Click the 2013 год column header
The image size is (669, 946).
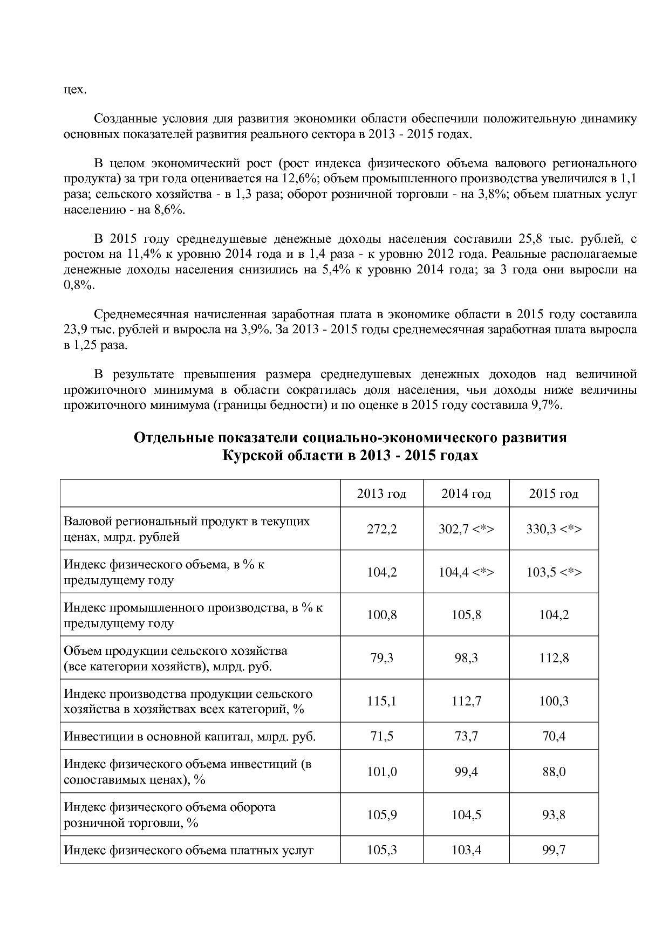point(381,493)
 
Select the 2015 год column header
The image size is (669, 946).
point(554,493)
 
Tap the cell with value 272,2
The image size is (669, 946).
point(381,529)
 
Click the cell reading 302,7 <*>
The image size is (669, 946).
point(466,529)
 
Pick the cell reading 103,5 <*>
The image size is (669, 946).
point(554,572)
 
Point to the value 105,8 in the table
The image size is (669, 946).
point(466,615)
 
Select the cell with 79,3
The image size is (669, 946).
point(381,658)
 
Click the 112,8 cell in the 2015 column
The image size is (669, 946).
point(554,658)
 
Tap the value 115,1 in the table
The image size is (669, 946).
point(381,701)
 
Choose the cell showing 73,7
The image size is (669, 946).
point(466,736)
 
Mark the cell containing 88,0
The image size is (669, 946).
point(554,772)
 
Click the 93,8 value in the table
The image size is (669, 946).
point(554,815)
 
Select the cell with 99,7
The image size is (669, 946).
point(554,851)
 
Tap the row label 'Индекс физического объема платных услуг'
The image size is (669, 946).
point(188,851)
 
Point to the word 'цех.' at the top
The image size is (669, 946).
point(75,90)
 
